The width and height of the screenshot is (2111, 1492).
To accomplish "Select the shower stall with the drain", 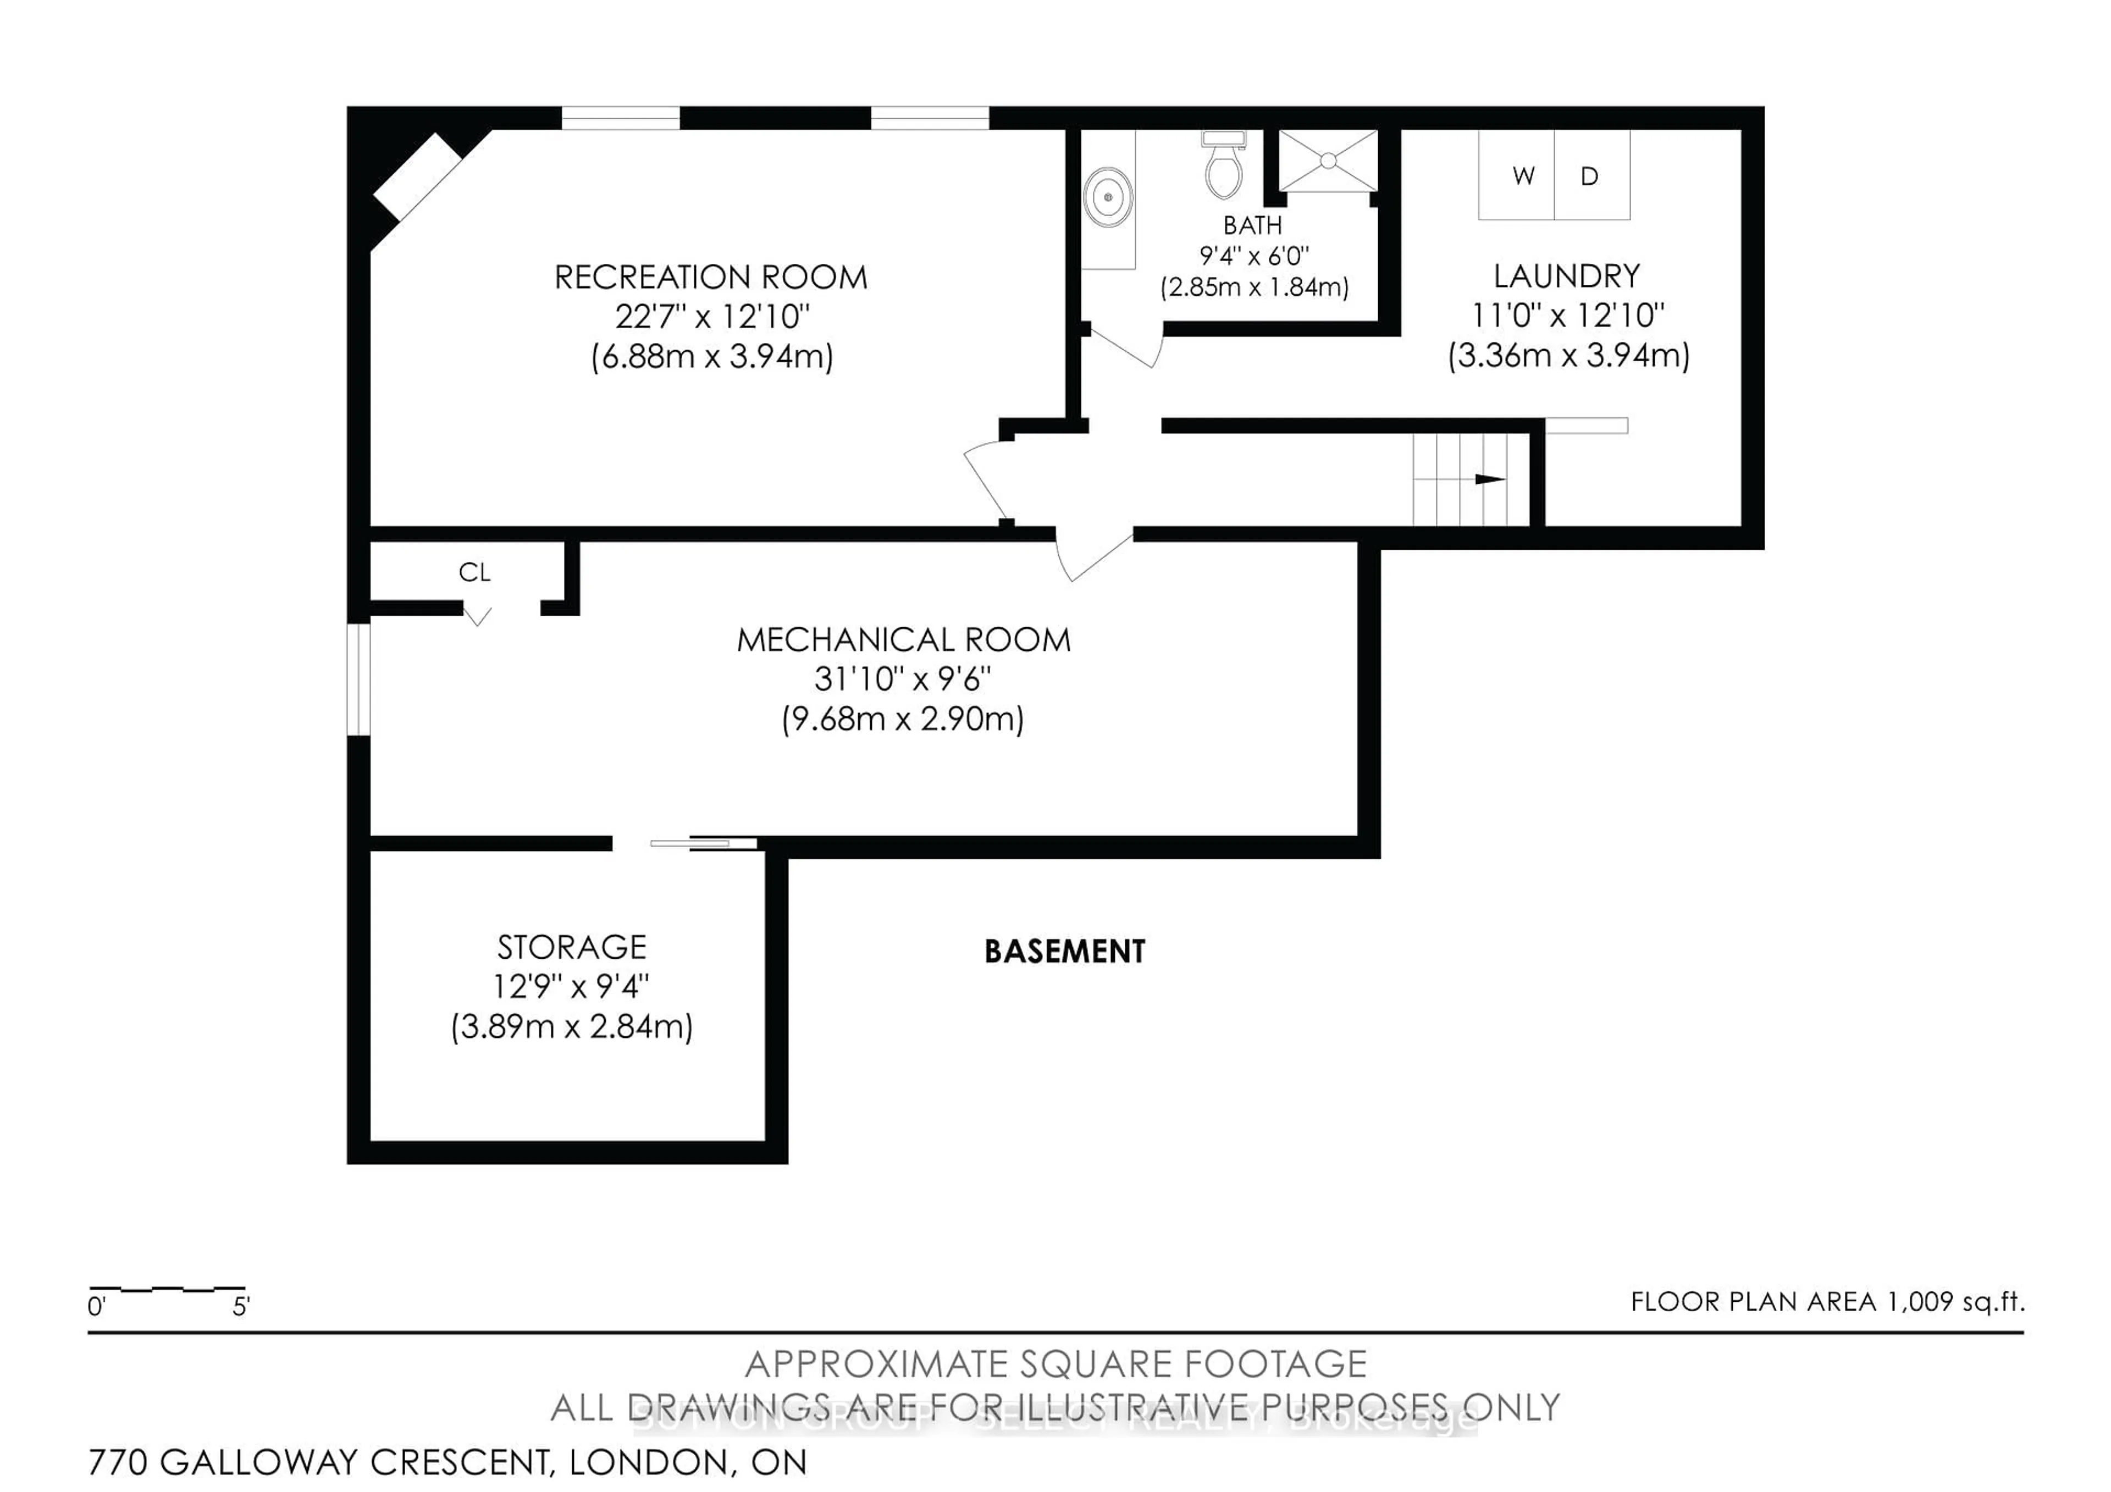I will pyautogui.click(x=1328, y=161).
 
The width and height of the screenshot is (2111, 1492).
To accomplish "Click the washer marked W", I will pyautogui.click(x=1516, y=175).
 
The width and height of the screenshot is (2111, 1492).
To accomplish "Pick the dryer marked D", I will pyautogui.click(x=1591, y=175).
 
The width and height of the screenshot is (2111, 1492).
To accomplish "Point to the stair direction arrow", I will pyautogui.click(x=1489, y=479).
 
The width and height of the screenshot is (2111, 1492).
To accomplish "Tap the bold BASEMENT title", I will pyautogui.click(x=1065, y=952).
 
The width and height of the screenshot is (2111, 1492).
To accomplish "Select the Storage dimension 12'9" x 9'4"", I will pyautogui.click(x=571, y=986).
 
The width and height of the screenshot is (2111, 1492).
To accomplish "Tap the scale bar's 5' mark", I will pyautogui.click(x=241, y=1306).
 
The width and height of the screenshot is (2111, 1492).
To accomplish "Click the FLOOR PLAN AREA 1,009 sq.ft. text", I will pyautogui.click(x=1827, y=1302).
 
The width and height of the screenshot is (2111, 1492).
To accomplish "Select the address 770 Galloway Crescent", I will pyautogui.click(x=447, y=1462).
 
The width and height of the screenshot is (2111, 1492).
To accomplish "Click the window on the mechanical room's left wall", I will pyautogui.click(x=358, y=679).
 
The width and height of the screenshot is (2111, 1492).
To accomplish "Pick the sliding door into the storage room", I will pyautogui.click(x=703, y=843).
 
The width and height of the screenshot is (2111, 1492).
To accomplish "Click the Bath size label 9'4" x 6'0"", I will pyautogui.click(x=1254, y=256).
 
